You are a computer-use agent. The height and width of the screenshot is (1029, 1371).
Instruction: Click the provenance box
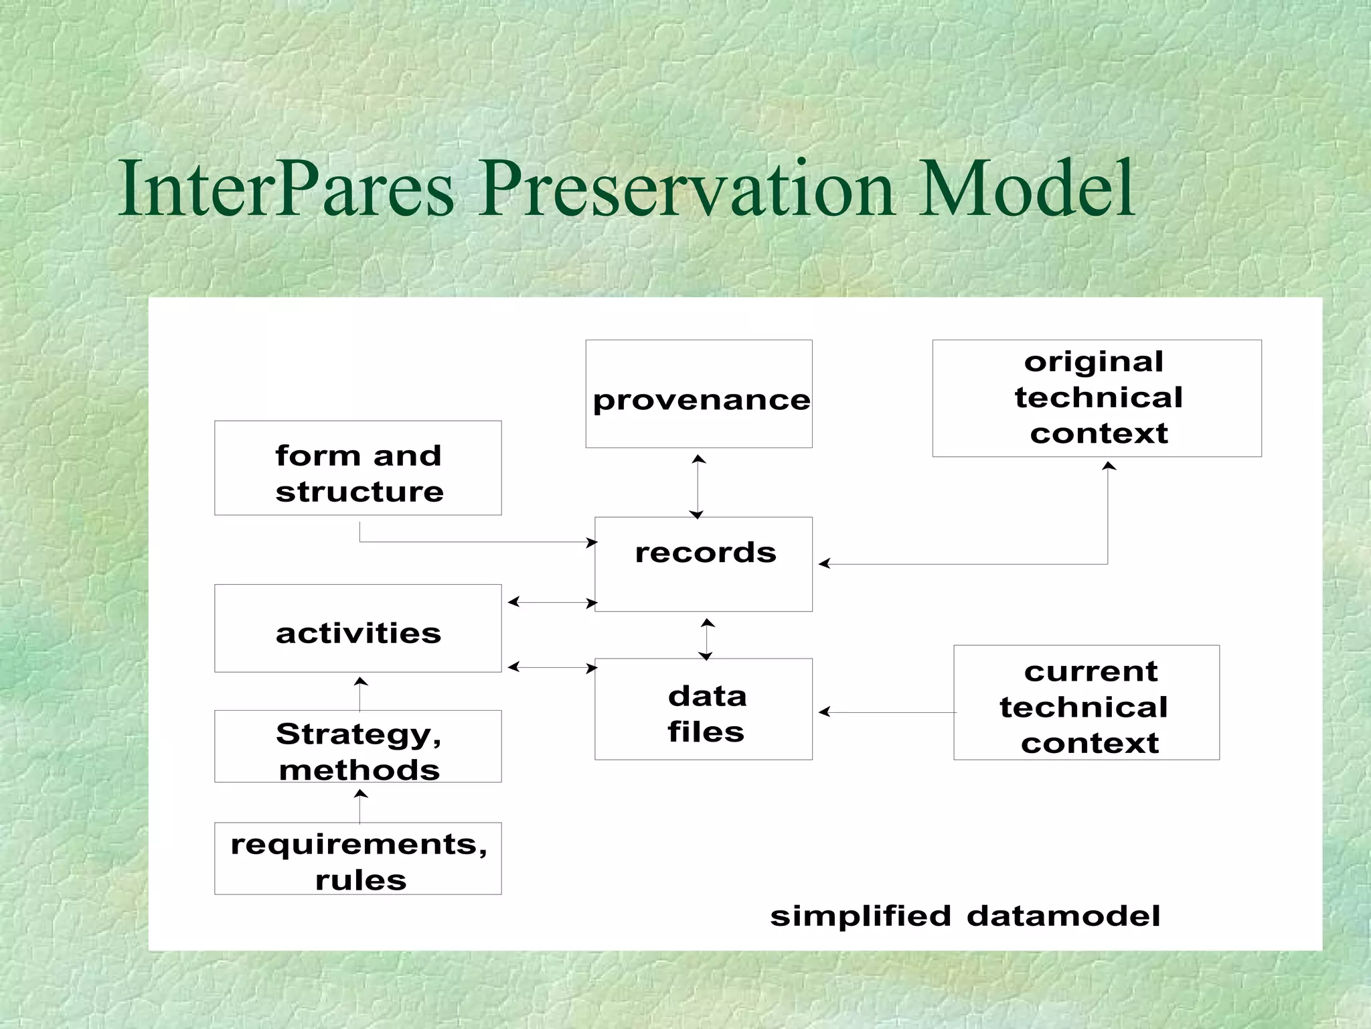click(699, 394)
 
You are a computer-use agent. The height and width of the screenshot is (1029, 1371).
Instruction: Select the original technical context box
click(1097, 398)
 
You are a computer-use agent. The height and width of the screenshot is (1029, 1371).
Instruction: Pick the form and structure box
click(357, 468)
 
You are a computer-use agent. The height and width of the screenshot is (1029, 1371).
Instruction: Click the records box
click(704, 563)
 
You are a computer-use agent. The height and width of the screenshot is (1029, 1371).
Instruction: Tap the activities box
click(357, 628)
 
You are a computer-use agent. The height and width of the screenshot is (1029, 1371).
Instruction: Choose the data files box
click(704, 709)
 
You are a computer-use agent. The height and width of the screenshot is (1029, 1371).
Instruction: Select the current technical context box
click(1086, 702)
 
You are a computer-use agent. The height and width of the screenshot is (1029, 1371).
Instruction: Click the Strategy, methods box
click(357, 746)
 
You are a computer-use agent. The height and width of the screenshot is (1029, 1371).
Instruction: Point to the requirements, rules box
click(357, 858)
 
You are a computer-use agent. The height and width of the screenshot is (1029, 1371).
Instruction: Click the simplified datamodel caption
click(965, 915)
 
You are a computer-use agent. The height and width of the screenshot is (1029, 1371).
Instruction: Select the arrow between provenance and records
click(698, 486)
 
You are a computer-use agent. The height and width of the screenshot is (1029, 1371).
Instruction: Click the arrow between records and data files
click(707, 639)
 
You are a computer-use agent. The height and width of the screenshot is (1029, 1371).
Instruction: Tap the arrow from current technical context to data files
click(887, 712)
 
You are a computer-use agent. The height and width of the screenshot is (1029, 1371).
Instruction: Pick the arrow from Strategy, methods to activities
click(360, 694)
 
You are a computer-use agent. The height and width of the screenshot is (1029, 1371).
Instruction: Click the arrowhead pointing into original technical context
click(1109, 466)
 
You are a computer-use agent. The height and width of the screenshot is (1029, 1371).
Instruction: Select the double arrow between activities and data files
click(552, 667)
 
